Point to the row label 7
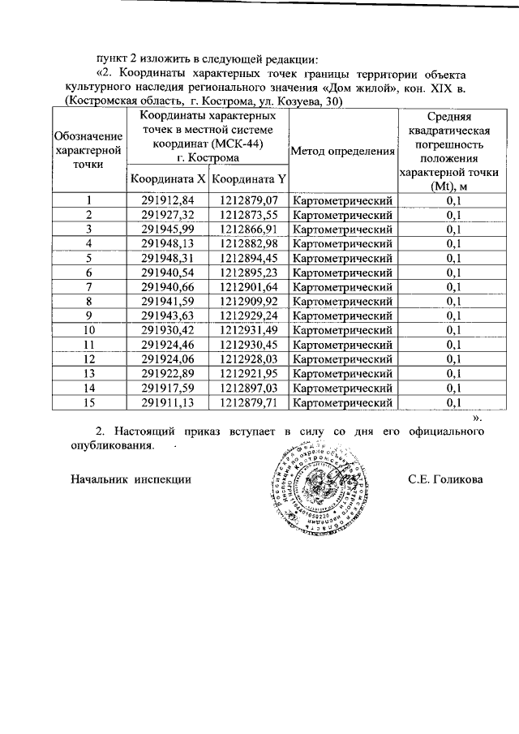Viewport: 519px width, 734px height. [x=89, y=287]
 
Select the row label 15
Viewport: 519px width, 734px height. [x=89, y=401]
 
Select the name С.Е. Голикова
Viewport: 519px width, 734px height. [x=445, y=479]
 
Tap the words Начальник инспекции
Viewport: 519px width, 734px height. [x=131, y=479]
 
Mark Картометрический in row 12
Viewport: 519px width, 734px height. [x=342, y=358]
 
